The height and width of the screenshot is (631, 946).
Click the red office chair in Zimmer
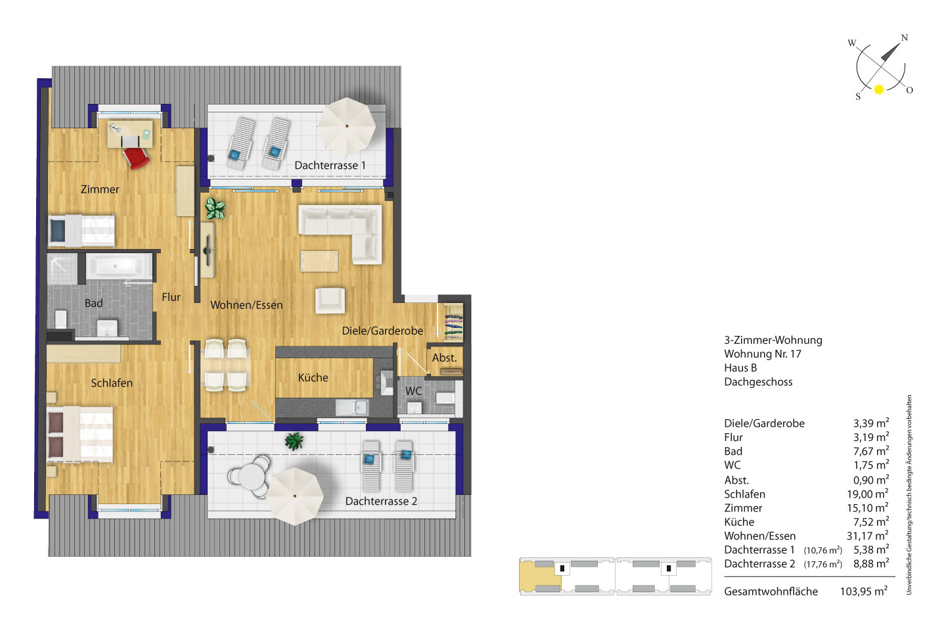[x=136, y=158]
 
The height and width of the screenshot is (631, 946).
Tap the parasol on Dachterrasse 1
[x=346, y=126]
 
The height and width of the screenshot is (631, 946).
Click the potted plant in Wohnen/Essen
[x=215, y=208]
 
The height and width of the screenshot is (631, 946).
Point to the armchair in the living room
[x=330, y=300]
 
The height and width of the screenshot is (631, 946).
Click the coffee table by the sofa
[x=319, y=261]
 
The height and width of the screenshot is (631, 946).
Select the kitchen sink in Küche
[x=352, y=408]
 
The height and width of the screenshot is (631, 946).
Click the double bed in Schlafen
[x=80, y=434]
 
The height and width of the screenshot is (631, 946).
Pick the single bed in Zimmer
[x=81, y=231]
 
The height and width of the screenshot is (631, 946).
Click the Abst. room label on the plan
[x=444, y=358]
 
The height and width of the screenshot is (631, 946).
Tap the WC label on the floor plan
[x=413, y=391]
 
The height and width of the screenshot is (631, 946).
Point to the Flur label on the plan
[x=171, y=297]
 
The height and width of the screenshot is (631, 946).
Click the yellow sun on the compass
[x=879, y=89]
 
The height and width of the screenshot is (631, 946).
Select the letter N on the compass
[x=904, y=37]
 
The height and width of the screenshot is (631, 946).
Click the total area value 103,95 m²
[x=864, y=592]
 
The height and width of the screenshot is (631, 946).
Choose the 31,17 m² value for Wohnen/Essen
[x=867, y=536]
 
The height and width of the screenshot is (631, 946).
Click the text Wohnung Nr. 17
[x=763, y=354]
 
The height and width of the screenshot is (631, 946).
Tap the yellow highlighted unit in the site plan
[x=540, y=576]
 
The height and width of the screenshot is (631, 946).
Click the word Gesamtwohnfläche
[x=771, y=592]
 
